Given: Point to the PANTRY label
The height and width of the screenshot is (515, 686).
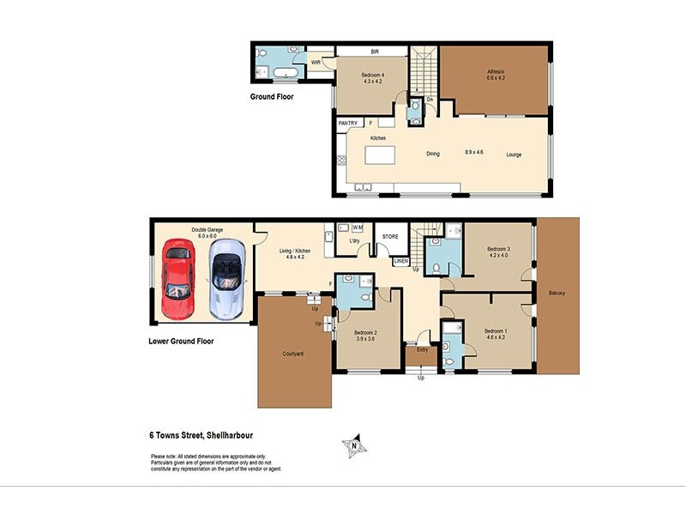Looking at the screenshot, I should [348, 124].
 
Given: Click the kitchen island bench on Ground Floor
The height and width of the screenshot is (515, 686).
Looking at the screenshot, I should [384, 155].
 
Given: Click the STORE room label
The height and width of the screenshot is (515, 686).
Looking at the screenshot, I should [390, 236].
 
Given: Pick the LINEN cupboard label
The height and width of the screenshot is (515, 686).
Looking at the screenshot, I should [400, 261].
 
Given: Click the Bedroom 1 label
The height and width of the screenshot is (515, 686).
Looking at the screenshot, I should [496, 331].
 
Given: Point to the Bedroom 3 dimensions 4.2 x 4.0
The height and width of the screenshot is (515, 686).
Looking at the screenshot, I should [499, 256].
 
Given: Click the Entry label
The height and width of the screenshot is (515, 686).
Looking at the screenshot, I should [422, 350].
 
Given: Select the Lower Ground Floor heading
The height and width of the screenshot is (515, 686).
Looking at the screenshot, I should [181, 341].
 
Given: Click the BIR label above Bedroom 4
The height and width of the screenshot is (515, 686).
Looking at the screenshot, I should [374, 51].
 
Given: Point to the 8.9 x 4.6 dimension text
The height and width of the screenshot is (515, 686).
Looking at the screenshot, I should [474, 152].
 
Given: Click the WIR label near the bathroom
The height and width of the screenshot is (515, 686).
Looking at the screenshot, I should [316, 63].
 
